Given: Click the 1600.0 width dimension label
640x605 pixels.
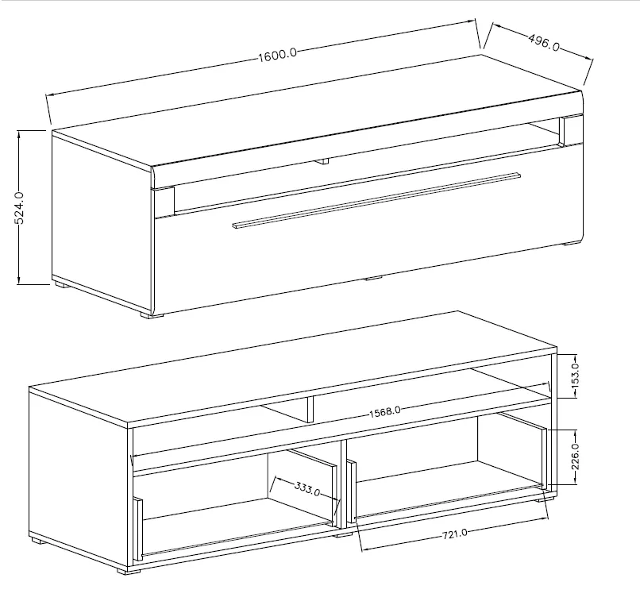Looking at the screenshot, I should (x=277, y=54).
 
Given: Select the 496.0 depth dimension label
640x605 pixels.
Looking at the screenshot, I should (x=544, y=41).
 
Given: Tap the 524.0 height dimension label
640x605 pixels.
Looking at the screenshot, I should (x=21, y=207).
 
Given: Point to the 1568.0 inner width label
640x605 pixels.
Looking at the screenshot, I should (x=384, y=411).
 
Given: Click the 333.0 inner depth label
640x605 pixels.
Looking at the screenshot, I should (x=307, y=487).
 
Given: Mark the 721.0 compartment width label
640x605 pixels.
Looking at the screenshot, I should (x=454, y=534).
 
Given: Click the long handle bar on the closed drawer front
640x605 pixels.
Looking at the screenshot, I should (x=376, y=199).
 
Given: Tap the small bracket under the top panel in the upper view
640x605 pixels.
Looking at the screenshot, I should (x=321, y=161).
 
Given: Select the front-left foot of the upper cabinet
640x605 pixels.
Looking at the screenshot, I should (x=152, y=314).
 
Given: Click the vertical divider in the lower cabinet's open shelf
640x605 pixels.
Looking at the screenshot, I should (x=309, y=409).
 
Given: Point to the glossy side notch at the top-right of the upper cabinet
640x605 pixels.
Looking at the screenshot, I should (x=564, y=131).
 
